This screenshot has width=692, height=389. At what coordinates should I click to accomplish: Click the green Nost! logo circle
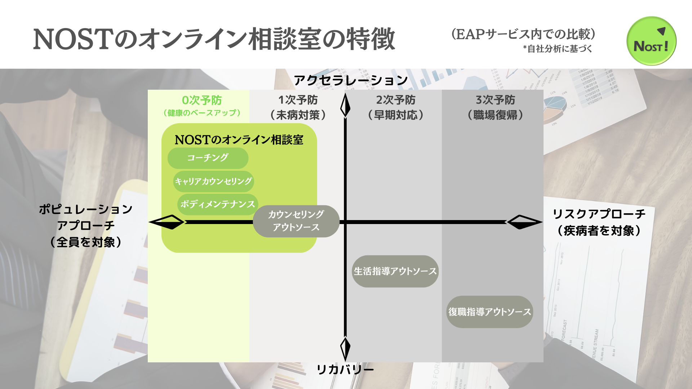tap(651, 41)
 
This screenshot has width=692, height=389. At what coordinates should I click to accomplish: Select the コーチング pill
tap(208, 158)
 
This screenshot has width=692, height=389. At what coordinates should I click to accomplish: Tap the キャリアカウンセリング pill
tap(213, 181)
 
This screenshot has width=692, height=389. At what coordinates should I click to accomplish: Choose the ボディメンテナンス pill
tap(218, 204)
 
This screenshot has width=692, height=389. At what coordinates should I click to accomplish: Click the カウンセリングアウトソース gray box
tap(296, 221)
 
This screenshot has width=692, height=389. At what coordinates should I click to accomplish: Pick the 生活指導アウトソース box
tap(395, 271)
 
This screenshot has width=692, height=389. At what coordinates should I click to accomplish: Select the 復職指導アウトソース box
tap(489, 312)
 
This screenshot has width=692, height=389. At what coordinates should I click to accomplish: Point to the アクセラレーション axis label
tap(351, 80)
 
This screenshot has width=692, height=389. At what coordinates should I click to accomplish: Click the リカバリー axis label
tap(345, 370)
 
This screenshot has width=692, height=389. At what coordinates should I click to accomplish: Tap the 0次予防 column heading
tap(202, 100)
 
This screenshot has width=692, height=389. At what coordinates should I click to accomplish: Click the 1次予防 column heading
tap(298, 100)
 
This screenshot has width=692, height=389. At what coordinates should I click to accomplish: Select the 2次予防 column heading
tap(396, 100)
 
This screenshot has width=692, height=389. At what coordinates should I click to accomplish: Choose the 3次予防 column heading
tap(496, 100)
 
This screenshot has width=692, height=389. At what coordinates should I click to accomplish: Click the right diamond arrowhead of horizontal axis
tap(524, 222)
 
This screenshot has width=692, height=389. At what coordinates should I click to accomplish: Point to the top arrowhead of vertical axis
tap(345, 106)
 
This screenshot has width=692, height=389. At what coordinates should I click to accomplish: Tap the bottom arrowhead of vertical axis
tap(345, 348)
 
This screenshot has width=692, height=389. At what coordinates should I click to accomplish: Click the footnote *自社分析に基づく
tap(558, 49)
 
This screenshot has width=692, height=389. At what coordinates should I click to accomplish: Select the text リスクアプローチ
tap(599, 214)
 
